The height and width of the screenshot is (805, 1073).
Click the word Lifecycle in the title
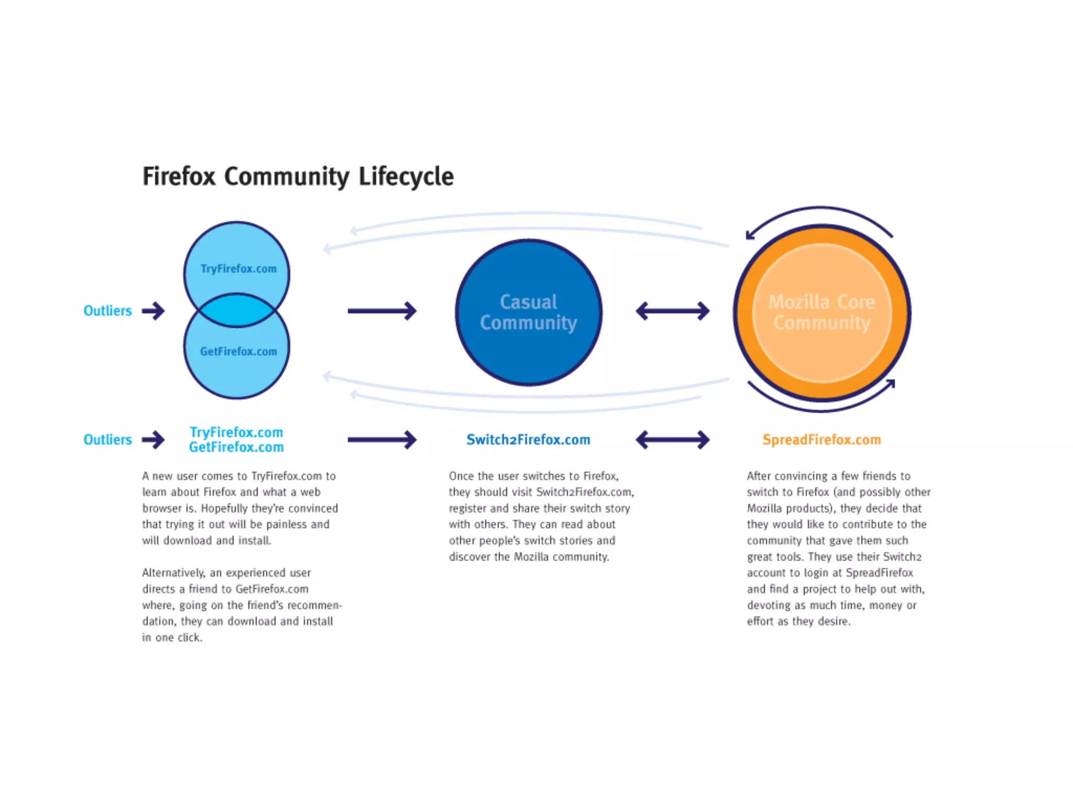coord(406,177)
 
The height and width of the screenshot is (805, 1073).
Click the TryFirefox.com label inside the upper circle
coord(238,269)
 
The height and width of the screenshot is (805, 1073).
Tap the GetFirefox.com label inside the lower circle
coord(238,351)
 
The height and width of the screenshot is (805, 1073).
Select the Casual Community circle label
coord(529,312)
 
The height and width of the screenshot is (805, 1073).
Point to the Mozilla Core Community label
coord(822,312)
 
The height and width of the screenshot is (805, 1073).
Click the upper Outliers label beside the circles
coord(107,311)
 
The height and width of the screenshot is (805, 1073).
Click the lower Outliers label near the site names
coord(107,440)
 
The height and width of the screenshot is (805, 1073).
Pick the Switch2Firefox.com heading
coord(528,440)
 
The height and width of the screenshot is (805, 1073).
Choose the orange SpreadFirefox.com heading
coord(822,440)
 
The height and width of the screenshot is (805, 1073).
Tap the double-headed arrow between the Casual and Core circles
coord(673,311)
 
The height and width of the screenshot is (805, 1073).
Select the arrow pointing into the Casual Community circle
coord(382,311)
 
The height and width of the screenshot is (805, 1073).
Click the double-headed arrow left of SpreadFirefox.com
coord(673,440)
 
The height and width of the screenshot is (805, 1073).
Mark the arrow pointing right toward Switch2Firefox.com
coord(382,440)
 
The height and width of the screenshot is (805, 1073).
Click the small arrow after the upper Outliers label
coord(154,311)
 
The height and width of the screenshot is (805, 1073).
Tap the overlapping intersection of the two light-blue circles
coord(237,310)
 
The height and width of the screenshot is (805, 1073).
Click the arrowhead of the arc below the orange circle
coord(890,384)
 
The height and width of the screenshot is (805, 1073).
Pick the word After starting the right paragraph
coord(759,476)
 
